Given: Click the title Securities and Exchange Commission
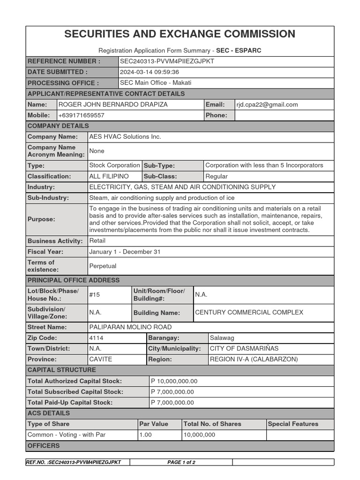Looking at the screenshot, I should pos(180,34).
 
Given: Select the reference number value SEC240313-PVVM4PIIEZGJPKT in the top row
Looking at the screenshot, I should pos(167,61).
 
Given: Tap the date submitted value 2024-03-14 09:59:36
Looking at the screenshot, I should pos(150,72).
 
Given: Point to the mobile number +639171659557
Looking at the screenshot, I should pos(81,115).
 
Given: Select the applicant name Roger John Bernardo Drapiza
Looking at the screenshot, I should pos(113,105).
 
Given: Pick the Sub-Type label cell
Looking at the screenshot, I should pos(159,165).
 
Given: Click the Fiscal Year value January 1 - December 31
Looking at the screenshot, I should pos(125,252).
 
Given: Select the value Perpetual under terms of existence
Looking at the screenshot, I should pos(103,266).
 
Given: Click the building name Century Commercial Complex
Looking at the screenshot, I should pos(249,312).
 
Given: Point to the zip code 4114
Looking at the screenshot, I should pos(96,338).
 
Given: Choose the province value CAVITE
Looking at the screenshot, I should pos(101,360).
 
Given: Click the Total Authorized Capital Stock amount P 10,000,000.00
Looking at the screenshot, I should pos(174,381).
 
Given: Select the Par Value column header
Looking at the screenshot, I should pos(154,424).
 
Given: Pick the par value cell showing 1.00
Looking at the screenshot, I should pos(145,435).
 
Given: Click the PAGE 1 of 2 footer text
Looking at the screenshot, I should pos(181,462).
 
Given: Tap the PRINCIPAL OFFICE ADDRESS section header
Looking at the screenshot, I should pos(74,280).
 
